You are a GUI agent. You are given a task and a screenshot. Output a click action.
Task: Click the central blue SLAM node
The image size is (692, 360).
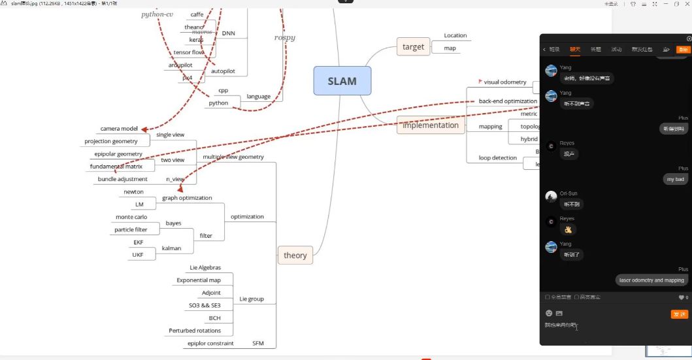(342, 81)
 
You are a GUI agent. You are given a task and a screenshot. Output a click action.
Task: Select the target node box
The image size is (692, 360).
(413, 47)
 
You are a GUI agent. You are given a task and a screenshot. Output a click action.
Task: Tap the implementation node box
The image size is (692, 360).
(430, 125)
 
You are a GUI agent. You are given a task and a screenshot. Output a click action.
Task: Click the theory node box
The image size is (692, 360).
(295, 255)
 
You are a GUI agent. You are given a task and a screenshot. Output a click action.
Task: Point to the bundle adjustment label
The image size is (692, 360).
(122, 179)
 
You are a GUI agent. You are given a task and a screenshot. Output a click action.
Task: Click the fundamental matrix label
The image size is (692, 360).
(116, 167)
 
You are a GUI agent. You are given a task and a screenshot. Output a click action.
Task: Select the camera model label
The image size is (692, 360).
(119, 129)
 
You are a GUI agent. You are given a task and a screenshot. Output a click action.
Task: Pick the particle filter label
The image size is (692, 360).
(131, 230)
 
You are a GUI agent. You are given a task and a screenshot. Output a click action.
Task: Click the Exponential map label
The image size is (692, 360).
(199, 280)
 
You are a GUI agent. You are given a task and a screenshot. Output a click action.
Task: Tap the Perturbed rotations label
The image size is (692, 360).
(195, 331)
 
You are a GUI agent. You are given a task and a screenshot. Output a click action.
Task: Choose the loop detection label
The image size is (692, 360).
(497, 158)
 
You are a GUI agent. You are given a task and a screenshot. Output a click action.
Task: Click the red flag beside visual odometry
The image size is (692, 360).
(480, 82)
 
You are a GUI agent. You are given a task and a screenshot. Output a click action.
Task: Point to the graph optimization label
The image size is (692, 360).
(187, 198)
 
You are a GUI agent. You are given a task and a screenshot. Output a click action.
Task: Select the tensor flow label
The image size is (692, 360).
(188, 52)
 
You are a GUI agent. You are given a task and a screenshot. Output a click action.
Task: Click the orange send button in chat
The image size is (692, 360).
(679, 314)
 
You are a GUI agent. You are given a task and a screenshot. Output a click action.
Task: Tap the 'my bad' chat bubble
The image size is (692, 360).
(675, 179)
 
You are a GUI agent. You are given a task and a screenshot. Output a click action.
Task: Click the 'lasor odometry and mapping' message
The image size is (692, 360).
(651, 280)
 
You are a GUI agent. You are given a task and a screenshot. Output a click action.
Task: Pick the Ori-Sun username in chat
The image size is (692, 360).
(568, 193)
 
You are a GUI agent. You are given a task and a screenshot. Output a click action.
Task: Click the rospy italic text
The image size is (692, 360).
(284, 38)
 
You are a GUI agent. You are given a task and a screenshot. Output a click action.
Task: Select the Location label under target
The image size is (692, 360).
(455, 35)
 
